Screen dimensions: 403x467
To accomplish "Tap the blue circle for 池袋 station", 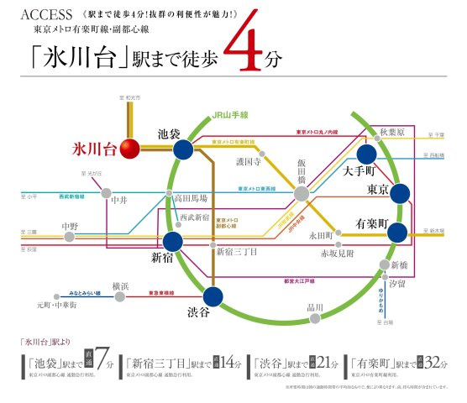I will (183, 149).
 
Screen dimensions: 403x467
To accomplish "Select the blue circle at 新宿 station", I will (173, 243).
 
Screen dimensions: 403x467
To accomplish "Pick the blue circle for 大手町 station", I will (367, 154).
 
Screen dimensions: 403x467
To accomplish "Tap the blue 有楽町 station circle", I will (398, 232).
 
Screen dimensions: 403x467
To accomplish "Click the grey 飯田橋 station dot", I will (301, 195).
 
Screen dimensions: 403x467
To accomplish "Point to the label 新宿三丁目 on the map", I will (237, 251).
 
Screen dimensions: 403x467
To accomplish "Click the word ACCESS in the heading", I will (37, 14).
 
